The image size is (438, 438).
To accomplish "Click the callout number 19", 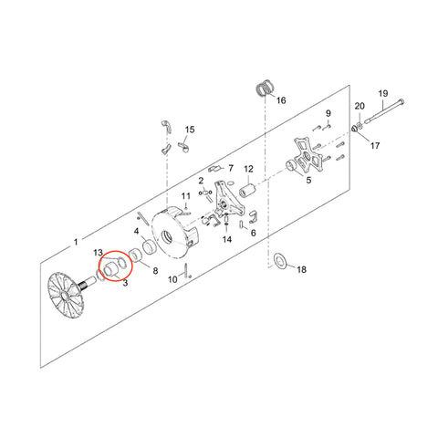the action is [x=383, y=93].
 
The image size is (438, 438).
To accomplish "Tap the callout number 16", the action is [x=281, y=100].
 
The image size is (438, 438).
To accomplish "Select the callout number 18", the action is [x=301, y=269].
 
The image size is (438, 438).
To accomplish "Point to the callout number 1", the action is [x=76, y=242].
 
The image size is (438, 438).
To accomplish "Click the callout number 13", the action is [x=99, y=253].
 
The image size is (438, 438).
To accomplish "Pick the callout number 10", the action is [x=172, y=279].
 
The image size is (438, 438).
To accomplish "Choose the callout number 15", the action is [x=190, y=130].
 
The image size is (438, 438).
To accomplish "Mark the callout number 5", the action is [x=308, y=180].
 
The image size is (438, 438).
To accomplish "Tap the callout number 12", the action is [x=248, y=169].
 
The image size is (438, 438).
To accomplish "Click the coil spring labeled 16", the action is [x=266, y=89].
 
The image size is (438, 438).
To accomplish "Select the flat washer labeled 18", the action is [x=281, y=261].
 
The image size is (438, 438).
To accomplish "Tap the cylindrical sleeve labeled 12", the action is [x=248, y=190].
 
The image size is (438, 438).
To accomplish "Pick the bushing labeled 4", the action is [x=150, y=246].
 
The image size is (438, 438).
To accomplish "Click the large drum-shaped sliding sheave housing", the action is [x=175, y=232].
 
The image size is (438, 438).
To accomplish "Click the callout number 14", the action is [x=227, y=239].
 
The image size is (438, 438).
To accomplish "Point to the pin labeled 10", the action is [x=185, y=269].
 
